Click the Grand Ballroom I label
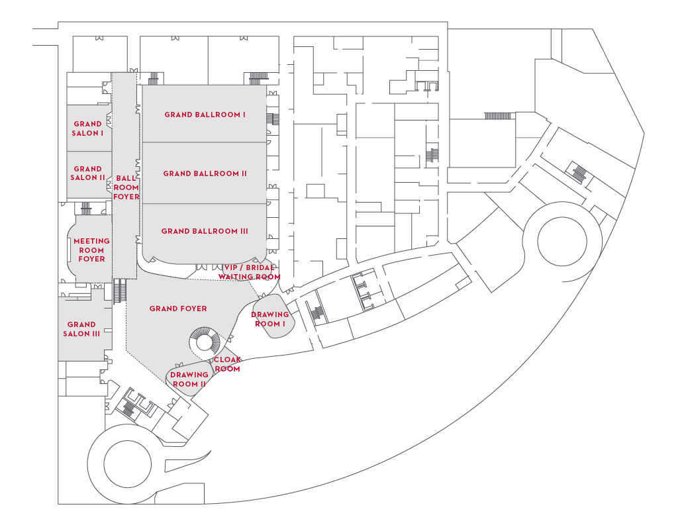(x=205, y=115)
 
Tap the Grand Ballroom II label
(x=205, y=173)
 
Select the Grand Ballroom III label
(x=205, y=231)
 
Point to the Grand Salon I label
(x=87, y=128)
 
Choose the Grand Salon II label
(x=87, y=173)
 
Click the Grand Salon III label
(x=81, y=329)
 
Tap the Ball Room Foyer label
(x=126, y=187)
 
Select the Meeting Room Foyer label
(x=91, y=250)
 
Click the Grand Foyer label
(x=178, y=309)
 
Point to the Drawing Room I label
(x=270, y=319)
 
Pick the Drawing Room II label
(x=189, y=379)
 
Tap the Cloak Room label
(x=227, y=364)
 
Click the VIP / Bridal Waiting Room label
(x=249, y=272)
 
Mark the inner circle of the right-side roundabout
(x=562, y=241)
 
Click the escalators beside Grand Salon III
(x=120, y=291)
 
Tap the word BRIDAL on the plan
(x=260, y=267)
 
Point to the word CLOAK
(x=227, y=359)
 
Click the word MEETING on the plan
(x=91, y=241)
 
